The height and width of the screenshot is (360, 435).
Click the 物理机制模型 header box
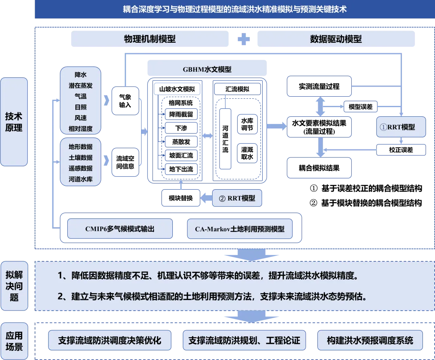coord(149,39)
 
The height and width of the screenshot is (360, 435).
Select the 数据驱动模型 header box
coord(335,39)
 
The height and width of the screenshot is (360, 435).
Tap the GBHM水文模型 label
coord(207,69)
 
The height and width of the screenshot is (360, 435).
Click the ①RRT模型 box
coord(401,127)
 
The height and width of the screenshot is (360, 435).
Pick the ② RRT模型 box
coord(237,199)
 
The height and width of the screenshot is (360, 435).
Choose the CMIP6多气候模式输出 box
coord(120,229)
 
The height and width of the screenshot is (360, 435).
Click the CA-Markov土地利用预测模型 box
coord(240,229)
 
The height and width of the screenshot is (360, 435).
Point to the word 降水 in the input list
coord(81,74)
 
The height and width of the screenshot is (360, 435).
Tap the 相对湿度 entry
coord(81,129)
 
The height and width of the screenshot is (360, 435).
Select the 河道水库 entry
coord(81,179)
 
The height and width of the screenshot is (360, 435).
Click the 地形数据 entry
coord(81,147)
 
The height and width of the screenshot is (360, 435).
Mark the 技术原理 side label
coord(14,122)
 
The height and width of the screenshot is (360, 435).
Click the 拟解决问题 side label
coord(14,287)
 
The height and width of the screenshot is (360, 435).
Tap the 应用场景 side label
coord(14,341)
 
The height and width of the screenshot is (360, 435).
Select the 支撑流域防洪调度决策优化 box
coord(110,341)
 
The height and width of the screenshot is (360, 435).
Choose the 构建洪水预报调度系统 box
coord(370,341)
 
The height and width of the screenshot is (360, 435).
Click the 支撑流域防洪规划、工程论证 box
coord(244,341)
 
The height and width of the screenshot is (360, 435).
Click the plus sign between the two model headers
coord(243,39)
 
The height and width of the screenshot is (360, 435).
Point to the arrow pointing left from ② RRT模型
coord(206,198)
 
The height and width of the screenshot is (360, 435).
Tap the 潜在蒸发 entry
coord(81,85)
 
